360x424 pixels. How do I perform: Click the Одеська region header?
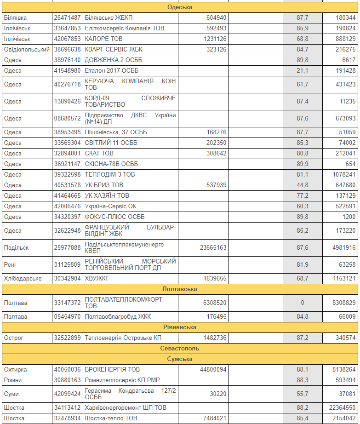point(179,7)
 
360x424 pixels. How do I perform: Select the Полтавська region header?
point(179,289)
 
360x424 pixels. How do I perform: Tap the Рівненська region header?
point(179,327)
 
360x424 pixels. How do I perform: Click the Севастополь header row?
point(179,348)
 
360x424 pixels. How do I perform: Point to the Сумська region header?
point(179,359)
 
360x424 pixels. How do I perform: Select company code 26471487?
point(67,18)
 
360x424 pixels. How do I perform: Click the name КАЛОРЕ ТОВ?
point(103,39)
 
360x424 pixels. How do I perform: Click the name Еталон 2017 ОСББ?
point(112,70)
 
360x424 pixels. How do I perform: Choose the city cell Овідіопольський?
point(26,49)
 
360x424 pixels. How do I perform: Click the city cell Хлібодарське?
point(23,279)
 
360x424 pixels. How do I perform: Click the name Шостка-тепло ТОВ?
point(111,418)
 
